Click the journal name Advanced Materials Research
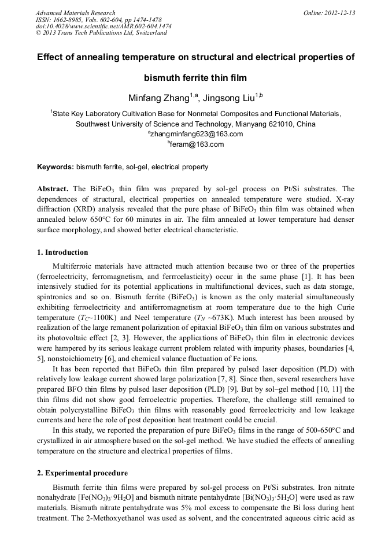[x=75, y=13]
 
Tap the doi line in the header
[x=103, y=26]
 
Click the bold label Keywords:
[x=56, y=167]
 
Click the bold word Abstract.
[x=53, y=189]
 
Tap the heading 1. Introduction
[x=63, y=252]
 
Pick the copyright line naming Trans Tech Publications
[x=101, y=33]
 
